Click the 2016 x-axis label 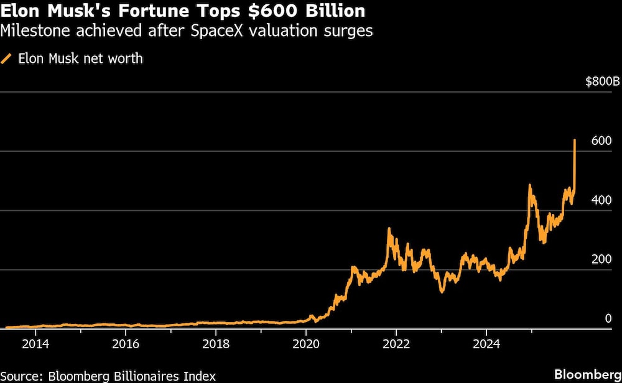[x=126, y=343]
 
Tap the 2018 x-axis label [x=216, y=343]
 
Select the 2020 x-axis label [x=306, y=343]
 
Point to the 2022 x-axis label [x=396, y=343]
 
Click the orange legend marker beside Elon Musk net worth [x=7, y=59]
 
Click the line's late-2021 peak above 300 [x=389, y=229]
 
